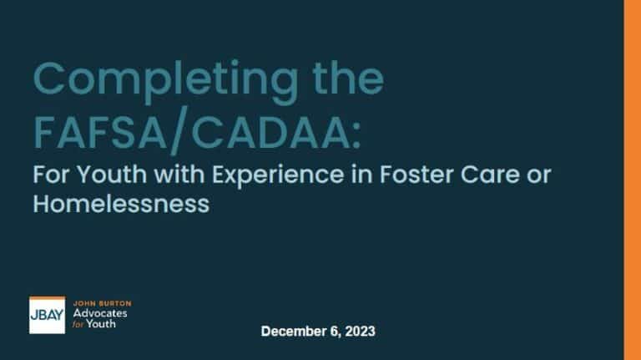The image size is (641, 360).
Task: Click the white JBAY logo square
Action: click(x=47, y=316)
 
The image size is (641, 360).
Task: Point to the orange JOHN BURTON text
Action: click(x=102, y=302)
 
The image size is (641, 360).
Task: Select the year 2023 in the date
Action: click(x=361, y=332)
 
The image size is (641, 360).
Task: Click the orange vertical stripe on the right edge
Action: click(x=632, y=180)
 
